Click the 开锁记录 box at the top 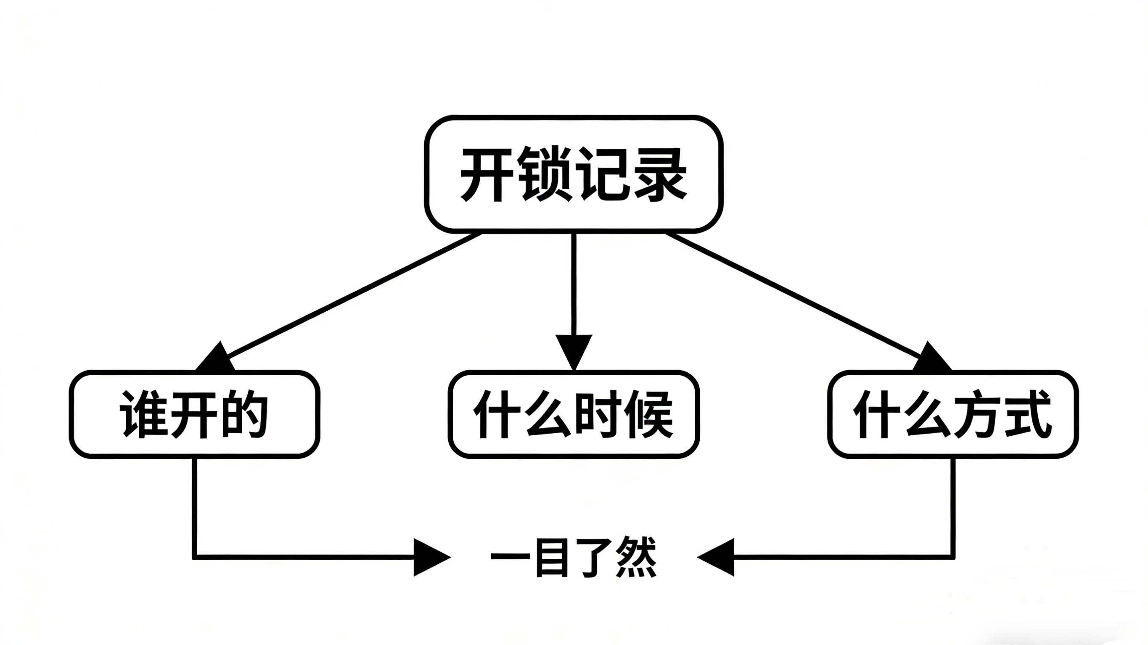[x=573, y=174]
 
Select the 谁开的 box [x=194, y=414]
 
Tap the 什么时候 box [x=573, y=414]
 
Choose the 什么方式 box [x=953, y=414]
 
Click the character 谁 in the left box [x=142, y=414]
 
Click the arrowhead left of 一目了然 [x=429, y=557]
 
